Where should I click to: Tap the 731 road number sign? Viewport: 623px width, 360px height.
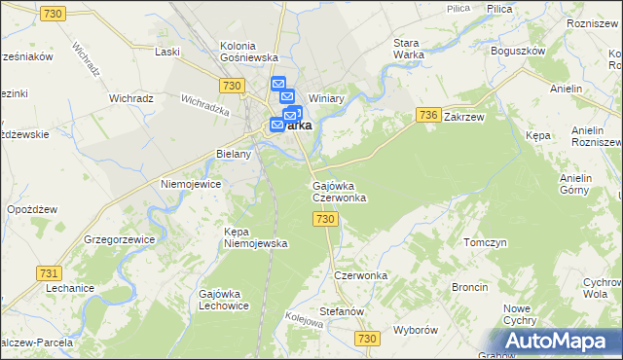click(47, 274)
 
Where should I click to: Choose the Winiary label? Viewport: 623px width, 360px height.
click(328, 98)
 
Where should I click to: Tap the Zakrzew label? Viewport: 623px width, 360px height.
click(463, 116)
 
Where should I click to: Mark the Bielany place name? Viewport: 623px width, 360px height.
click(234, 154)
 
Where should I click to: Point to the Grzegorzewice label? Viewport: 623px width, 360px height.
click(122, 238)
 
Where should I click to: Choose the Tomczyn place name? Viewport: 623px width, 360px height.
click(486, 242)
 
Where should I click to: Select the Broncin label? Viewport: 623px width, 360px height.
click(469, 287)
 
